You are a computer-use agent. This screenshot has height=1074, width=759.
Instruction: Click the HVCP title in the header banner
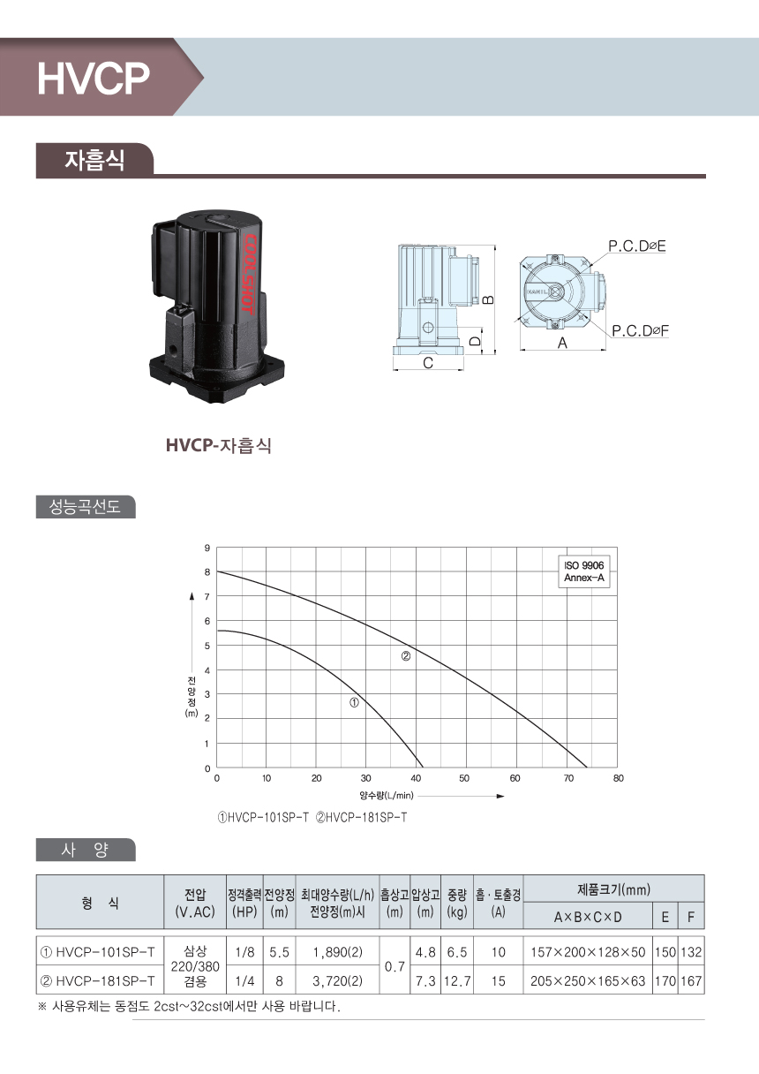94,78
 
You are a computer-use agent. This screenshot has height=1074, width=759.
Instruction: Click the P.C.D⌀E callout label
637,246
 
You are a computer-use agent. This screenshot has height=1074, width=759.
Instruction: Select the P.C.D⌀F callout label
640,330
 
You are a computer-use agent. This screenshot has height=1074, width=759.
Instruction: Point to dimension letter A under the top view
562,343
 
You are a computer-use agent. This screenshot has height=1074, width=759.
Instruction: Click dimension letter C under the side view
428,363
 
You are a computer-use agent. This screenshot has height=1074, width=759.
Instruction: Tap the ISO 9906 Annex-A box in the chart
583,571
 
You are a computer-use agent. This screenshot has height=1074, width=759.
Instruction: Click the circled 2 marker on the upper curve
405,656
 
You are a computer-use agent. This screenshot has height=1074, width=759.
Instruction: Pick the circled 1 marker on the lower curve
354,703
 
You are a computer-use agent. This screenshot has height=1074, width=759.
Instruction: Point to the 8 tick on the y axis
207,572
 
